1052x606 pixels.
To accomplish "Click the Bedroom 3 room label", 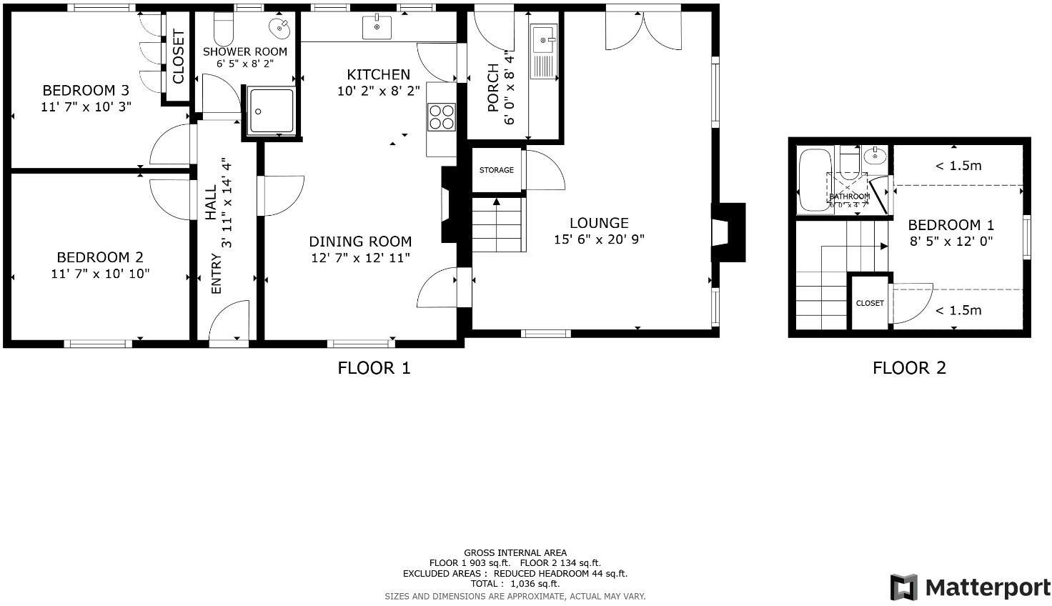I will (x=86, y=91).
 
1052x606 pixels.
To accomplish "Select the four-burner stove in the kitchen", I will (x=441, y=116).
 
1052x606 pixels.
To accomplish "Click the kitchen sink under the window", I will (x=377, y=28).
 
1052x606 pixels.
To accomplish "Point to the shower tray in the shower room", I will (x=271, y=111).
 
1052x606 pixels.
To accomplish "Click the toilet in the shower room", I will (x=224, y=29).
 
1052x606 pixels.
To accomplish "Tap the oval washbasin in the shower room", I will (x=279, y=28).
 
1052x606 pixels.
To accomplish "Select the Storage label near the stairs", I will (x=496, y=170).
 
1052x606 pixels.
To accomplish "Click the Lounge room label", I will (x=599, y=223).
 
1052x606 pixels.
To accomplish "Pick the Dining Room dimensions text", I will (x=360, y=258).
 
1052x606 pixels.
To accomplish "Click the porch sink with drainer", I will (x=543, y=50).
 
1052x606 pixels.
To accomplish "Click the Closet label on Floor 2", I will (x=870, y=303).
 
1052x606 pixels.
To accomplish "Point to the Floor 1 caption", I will (x=374, y=368).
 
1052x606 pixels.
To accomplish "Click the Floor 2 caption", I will (x=909, y=368).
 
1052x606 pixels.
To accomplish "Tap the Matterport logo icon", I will (x=903, y=587).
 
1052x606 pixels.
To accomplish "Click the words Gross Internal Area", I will (x=515, y=552).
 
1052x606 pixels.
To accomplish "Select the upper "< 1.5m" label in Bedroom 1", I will (x=958, y=166).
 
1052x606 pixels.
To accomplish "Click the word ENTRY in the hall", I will (x=217, y=274).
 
